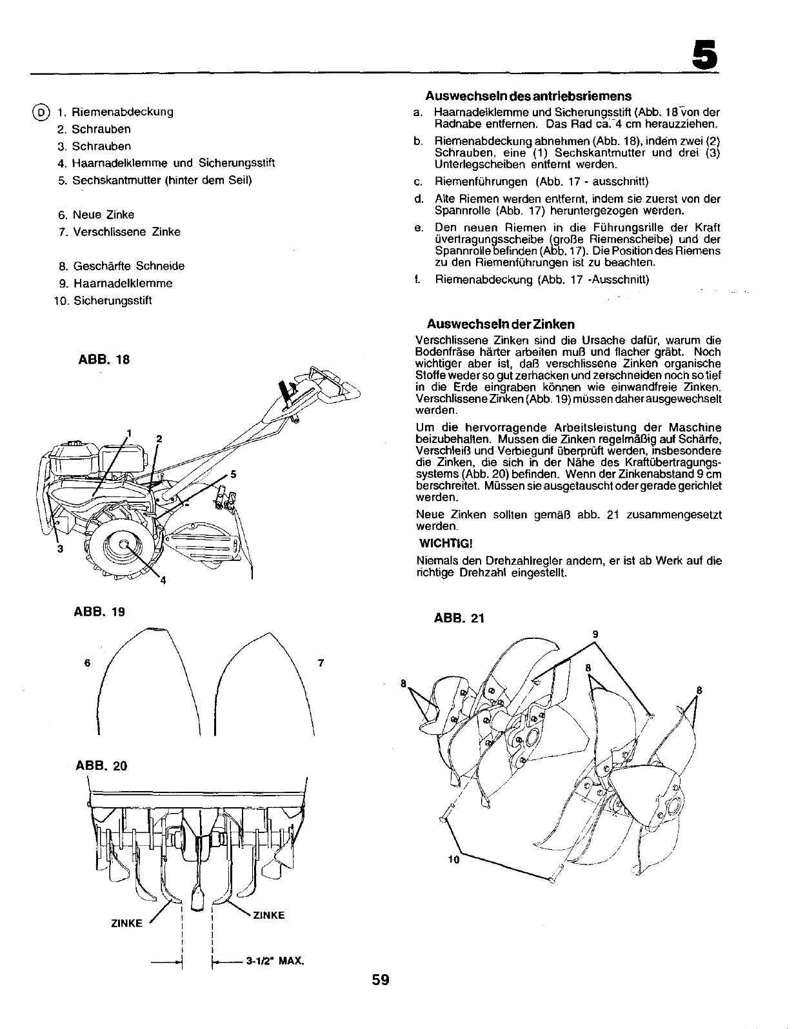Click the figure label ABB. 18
coord(103,360)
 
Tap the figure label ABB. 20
coord(101,765)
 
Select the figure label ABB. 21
coord(459,619)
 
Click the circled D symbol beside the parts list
coord(41,112)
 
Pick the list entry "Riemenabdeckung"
coord(122,112)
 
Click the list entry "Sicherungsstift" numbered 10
coord(112,300)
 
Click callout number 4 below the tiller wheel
coord(163,581)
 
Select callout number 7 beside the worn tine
coord(321,662)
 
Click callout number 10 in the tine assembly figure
coord(453,859)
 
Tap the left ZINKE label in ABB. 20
coord(126,923)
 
